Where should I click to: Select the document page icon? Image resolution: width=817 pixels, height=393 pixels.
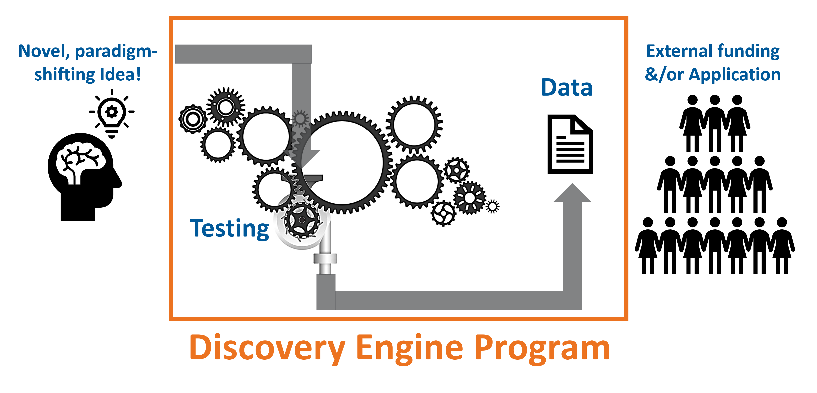tap(570, 144)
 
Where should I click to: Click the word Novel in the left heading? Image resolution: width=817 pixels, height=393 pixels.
tap(44, 51)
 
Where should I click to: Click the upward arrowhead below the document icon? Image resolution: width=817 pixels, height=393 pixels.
tap(572, 193)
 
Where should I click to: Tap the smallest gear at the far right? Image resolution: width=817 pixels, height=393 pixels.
tap(492, 207)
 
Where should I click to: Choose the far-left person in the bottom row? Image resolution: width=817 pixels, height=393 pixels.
tap(648, 246)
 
